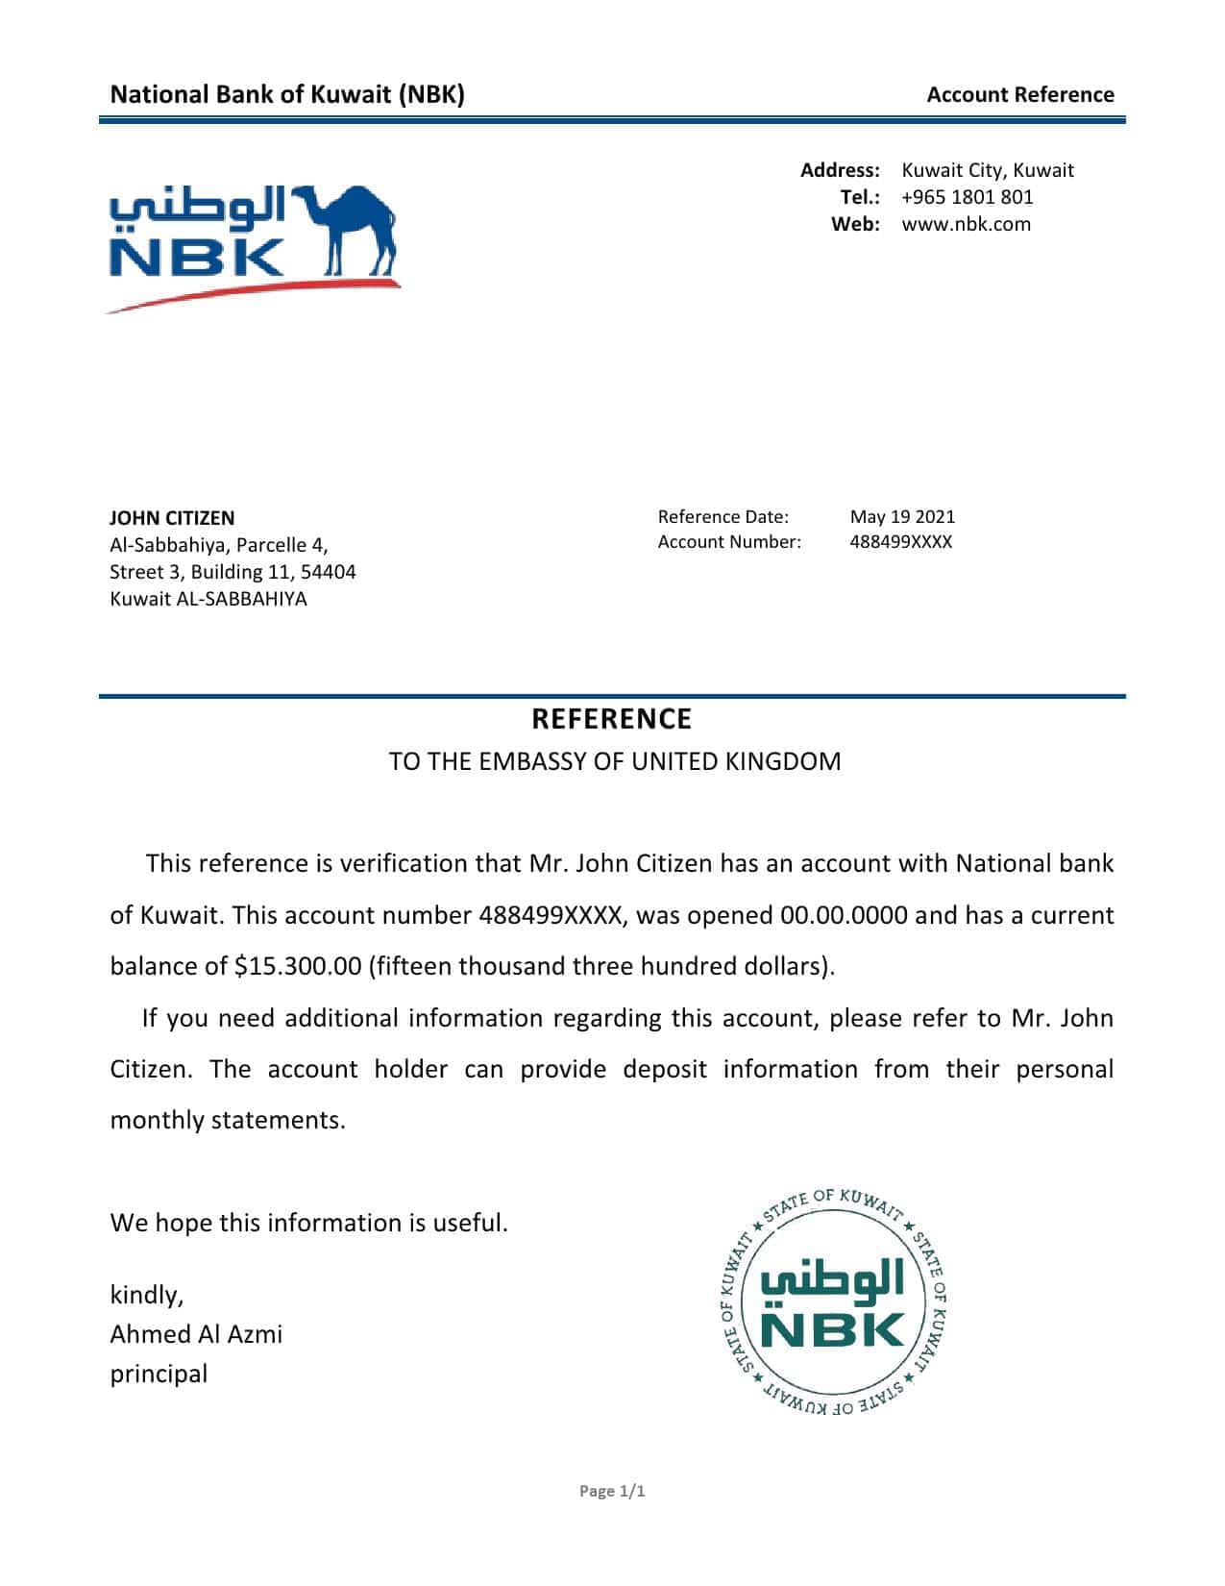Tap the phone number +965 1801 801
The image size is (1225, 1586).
[x=968, y=197]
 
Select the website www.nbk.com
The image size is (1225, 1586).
[x=966, y=224]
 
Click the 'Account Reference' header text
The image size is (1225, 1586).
[x=1019, y=94]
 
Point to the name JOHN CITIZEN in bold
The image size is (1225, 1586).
[x=172, y=518]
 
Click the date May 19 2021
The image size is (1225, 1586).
[x=902, y=517]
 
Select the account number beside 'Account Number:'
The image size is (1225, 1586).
[x=900, y=542]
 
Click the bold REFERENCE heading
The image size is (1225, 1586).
[x=612, y=719]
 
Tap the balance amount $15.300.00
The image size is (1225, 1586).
[x=298, y=966]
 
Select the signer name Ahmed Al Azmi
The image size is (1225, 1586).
[x=196, y=1334]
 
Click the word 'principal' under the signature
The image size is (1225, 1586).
[x=159, y=1374]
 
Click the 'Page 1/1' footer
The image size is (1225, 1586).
[x=612, y=1491]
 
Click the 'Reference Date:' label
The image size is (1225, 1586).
[x=723, y=517]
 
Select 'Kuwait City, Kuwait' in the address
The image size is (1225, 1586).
[x=988, y=170]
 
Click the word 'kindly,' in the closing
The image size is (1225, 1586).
[x=147, y=1295]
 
